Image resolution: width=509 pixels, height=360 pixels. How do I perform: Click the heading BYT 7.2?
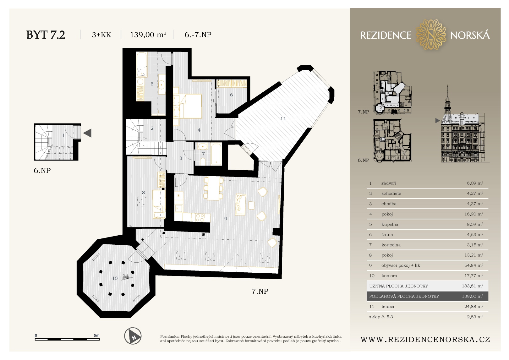[x=46, y=35]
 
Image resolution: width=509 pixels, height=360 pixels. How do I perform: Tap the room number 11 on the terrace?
[x=283, y=118]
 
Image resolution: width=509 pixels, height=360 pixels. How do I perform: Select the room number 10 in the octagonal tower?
[x=115, y=278]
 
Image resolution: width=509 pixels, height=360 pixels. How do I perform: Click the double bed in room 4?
[x=187, y=106]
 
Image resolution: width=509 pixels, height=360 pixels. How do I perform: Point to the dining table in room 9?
[x=213, y=188]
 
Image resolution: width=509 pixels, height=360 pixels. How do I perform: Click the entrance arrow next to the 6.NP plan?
[x=87, y=133]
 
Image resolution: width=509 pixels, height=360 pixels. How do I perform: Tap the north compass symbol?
[x=133, y=336]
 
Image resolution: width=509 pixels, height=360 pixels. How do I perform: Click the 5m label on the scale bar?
[x=96, y=335]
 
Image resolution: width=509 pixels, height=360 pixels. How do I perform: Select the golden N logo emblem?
[x=431, y=35]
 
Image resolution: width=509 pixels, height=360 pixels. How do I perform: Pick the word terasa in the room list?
[x=388, y=306]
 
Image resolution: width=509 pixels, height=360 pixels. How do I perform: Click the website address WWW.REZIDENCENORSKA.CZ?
[x=425, y=340]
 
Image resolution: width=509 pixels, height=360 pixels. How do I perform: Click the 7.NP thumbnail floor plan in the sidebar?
[x=392, y=93]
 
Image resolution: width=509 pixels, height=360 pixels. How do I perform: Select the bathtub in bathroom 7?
[x=216, y=154]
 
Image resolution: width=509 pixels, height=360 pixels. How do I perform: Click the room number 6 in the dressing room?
[x=231, y=95]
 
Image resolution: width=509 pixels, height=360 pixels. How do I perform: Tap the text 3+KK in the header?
[x=101, y=35]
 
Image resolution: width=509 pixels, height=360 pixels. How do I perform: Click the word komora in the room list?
[x=389, y=275]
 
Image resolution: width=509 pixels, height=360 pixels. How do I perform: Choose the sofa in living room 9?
[x=240, y=205]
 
